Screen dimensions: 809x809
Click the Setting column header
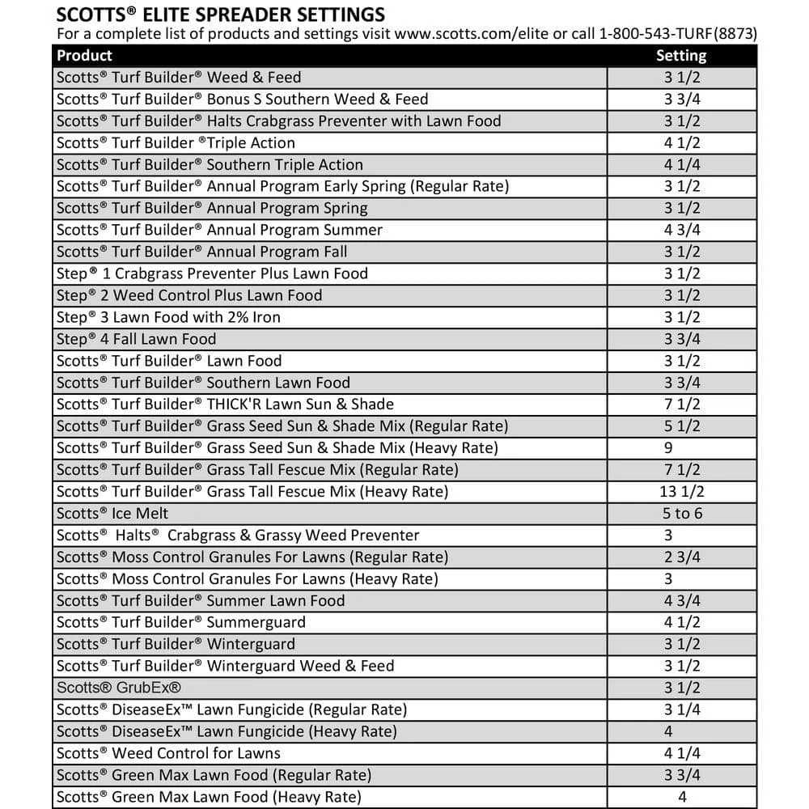point(681,56)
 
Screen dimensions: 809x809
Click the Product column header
point(85,56)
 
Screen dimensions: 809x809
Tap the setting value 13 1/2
point(681,492)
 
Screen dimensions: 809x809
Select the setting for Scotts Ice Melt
point(681,514)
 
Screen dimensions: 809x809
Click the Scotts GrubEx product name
point(119,688)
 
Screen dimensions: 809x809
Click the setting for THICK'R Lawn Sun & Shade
point(681,404)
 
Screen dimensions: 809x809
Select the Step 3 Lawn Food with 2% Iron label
point(168,317)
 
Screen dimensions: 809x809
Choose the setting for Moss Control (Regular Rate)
point(681,557)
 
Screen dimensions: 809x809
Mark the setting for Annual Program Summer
point(681,230)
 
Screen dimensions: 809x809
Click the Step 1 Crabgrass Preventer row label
point(212,273)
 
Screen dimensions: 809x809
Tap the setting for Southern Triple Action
point(681,164)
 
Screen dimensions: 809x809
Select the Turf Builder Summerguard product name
point(181,623)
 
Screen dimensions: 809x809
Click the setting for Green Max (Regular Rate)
point(681,776)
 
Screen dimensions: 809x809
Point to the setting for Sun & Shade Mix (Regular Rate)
point(681,426)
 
